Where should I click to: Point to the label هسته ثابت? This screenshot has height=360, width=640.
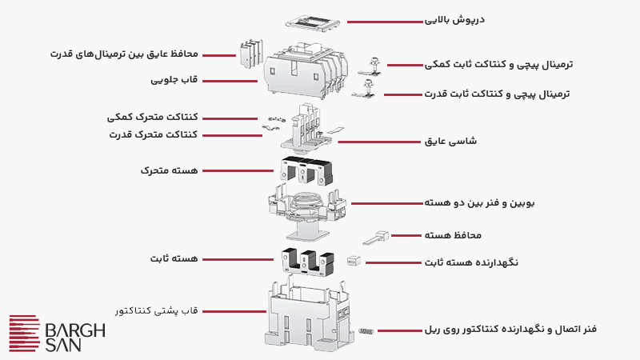click(x=178, y=259)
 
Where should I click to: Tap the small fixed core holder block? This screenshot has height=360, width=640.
click(x=353, y=262)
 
